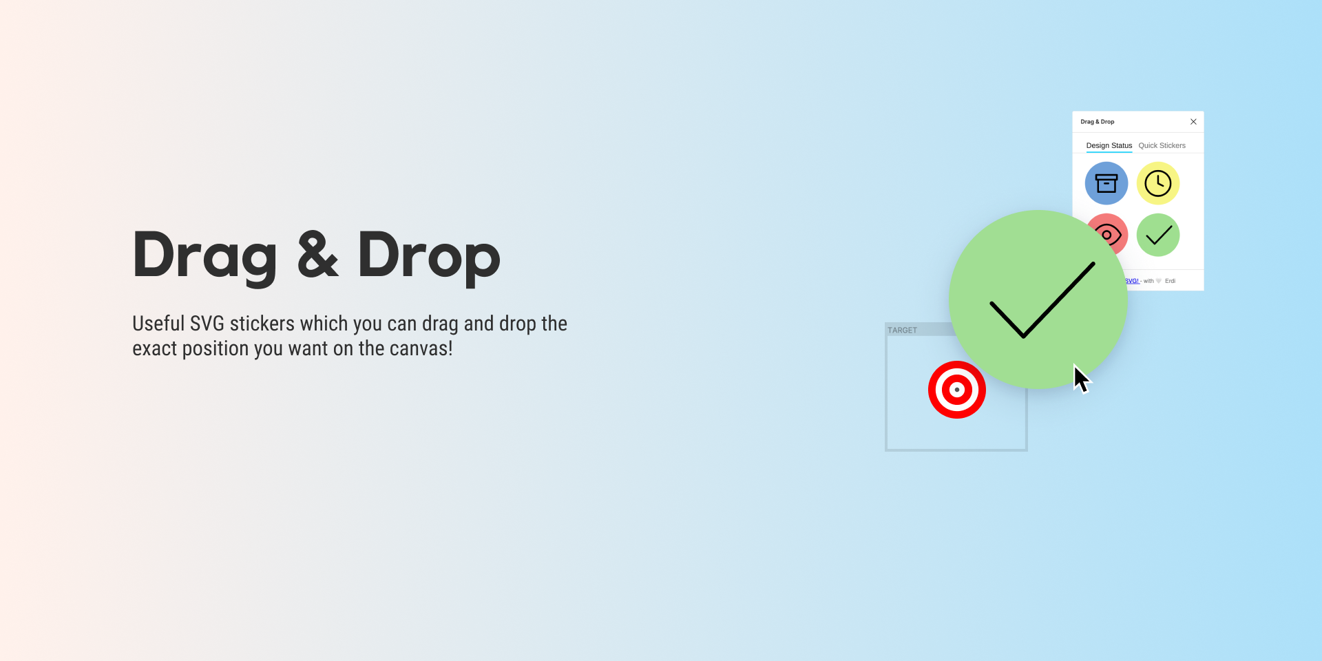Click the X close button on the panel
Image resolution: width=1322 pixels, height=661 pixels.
[x=1193, y=122]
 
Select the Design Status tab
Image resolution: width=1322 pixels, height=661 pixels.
[x=1109, y=145]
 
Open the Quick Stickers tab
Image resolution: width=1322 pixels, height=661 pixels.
[x=1162, y=145]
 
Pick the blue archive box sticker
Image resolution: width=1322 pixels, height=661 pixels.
[x=1106, y=183]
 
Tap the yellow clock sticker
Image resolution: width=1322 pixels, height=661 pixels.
[x=1158, y=183]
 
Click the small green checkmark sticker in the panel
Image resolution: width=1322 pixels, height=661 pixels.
[x=1158, y=235]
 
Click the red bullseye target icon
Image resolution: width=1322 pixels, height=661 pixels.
[x=957, y=390]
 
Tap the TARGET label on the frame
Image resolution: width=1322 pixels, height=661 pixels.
[x=902, y=330]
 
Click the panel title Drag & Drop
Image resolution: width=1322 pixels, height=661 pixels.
[x=1097, y=122]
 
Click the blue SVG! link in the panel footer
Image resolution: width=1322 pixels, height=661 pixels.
[x=1133, y=281]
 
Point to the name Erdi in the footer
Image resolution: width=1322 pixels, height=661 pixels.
[x=1170, y=281]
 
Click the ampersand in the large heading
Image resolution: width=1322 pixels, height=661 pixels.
[x=317, y=255]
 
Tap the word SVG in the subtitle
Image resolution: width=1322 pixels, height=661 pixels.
[x=207, y=324]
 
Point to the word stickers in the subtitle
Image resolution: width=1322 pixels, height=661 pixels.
[x=262, y=324]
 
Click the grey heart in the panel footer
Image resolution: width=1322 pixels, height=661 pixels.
[x=1159, y=281]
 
